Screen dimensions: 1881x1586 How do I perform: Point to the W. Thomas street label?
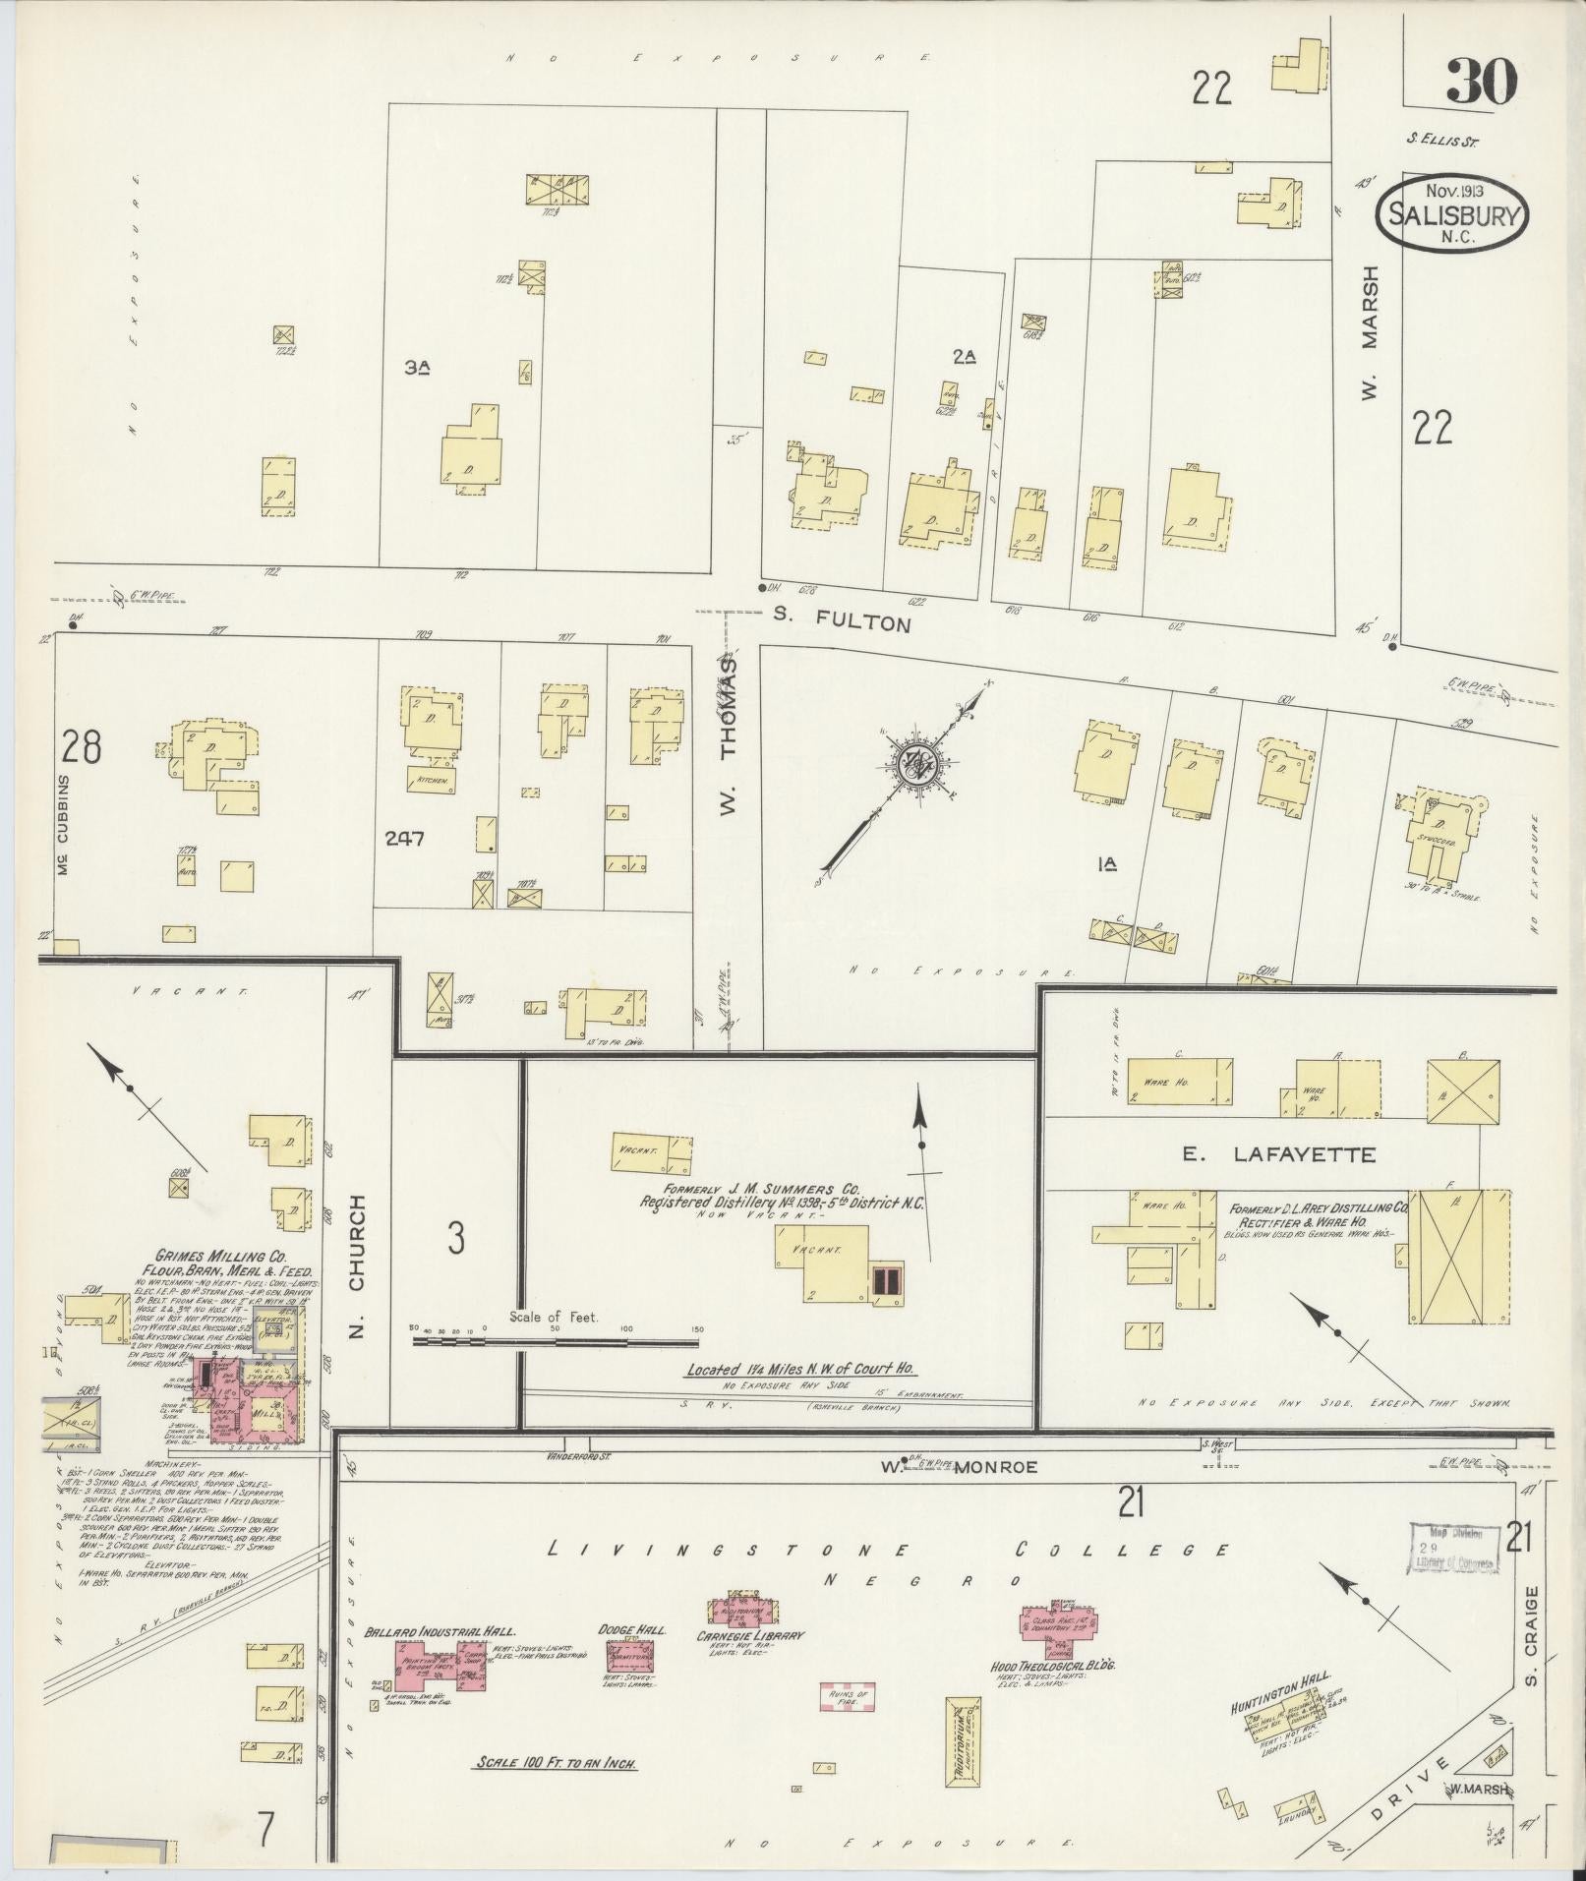(728, 736)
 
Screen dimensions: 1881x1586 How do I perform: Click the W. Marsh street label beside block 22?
(1369, 333)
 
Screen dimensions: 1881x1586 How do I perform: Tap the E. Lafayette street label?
(1278, 1154)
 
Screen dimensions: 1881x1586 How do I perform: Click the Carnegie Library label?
(751, 1636)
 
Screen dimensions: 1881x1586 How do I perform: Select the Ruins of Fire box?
(849, 1697)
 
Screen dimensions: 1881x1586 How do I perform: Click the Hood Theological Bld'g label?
(1052, 1667)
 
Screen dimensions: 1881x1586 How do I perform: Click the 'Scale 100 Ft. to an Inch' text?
(556, 1763)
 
